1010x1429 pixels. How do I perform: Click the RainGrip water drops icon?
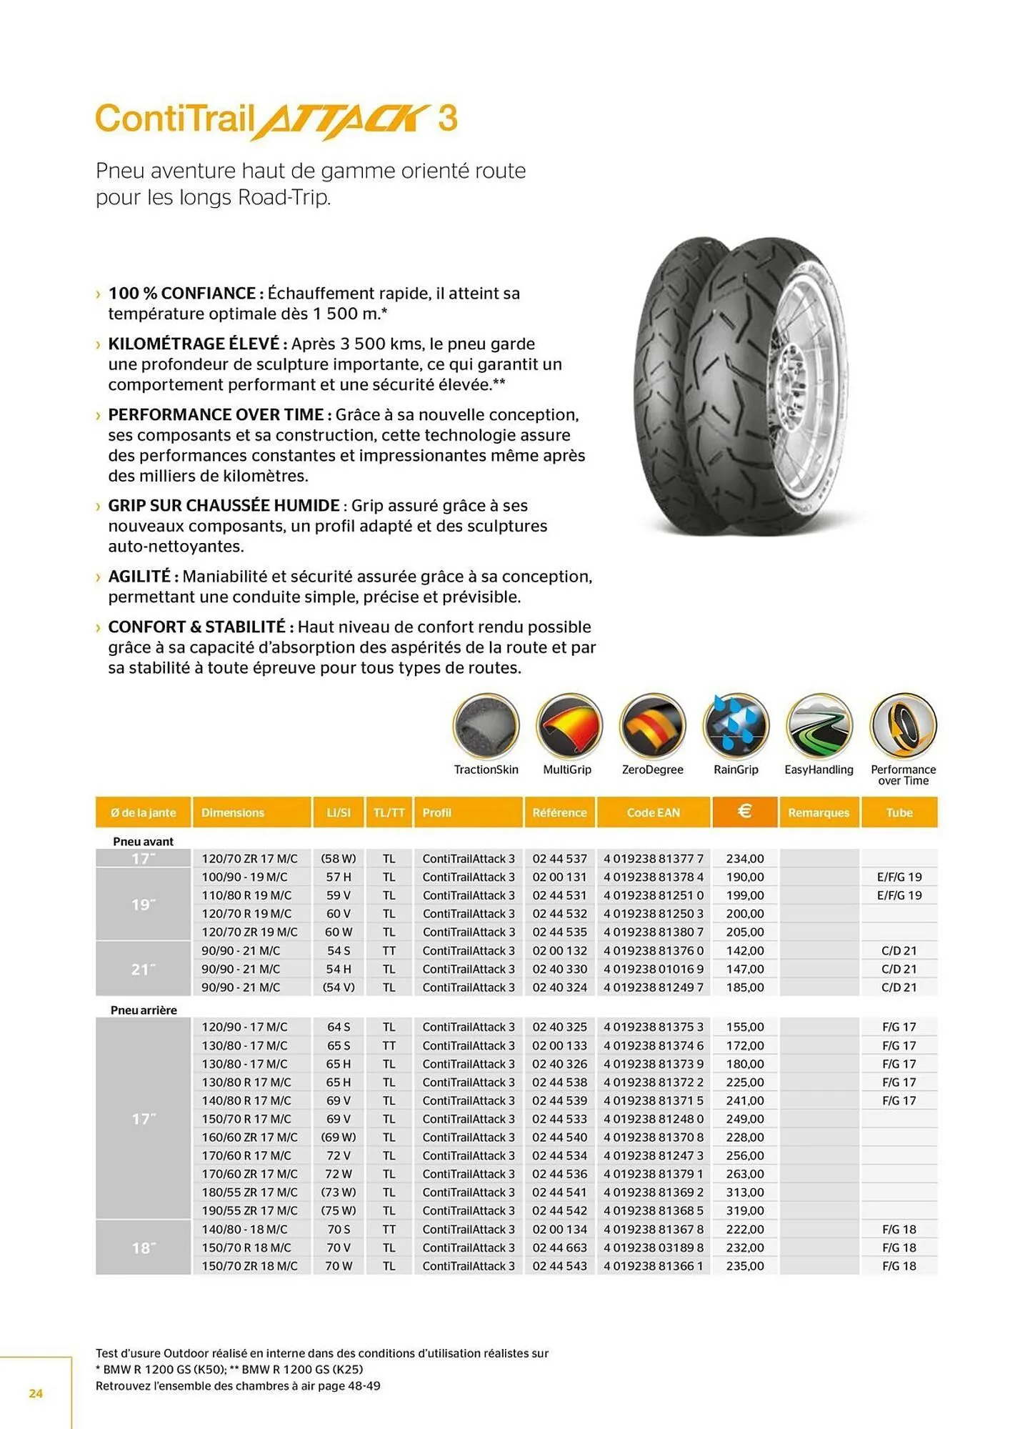tap(736, 725)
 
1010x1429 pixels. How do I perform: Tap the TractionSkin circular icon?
tap(486, 725)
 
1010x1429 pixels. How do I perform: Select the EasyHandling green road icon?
tap(819, 725)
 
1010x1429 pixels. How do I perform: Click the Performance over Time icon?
tap(903, 725)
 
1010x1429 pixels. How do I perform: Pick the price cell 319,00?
tap(744, 1210)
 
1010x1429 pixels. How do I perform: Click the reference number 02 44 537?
tap(559, 858)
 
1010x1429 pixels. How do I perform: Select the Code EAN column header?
tap(653, 812)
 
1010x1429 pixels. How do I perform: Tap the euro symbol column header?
tap(744, 811)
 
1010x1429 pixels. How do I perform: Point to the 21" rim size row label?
tap(143, 969)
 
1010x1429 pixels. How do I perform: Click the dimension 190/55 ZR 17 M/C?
tap(249, 1210)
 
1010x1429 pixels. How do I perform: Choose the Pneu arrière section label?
tap(144, 1010)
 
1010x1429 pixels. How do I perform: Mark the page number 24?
tap(36, 1393)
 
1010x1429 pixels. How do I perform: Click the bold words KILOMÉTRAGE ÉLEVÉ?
tap(193, 344)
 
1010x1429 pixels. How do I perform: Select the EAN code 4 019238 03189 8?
tap(653, 1248)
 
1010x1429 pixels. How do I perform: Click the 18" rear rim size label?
tap(143, 1248)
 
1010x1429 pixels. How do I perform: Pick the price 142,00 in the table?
tap(744, 950)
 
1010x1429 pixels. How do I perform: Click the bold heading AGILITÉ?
tap(139, 576)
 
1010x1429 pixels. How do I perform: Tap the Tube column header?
tap(899, 812)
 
